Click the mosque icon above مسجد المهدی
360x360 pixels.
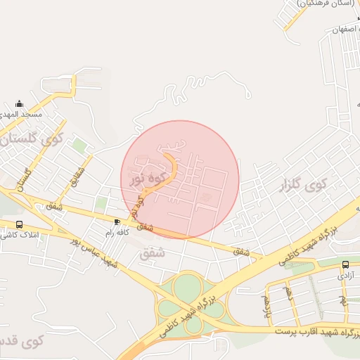click(19, 104)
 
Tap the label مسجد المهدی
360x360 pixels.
click(22, 114)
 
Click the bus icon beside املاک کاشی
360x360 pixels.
click(19, 224)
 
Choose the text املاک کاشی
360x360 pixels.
click(21, 233)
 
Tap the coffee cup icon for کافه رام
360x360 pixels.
click(117, 222)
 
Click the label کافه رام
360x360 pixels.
click(118, 232)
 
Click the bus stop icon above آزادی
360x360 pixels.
click(345, 265)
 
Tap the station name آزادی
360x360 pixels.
click(345, 275)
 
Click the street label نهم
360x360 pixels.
click(343, 300)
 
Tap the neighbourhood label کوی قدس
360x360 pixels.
click(21, 341)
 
